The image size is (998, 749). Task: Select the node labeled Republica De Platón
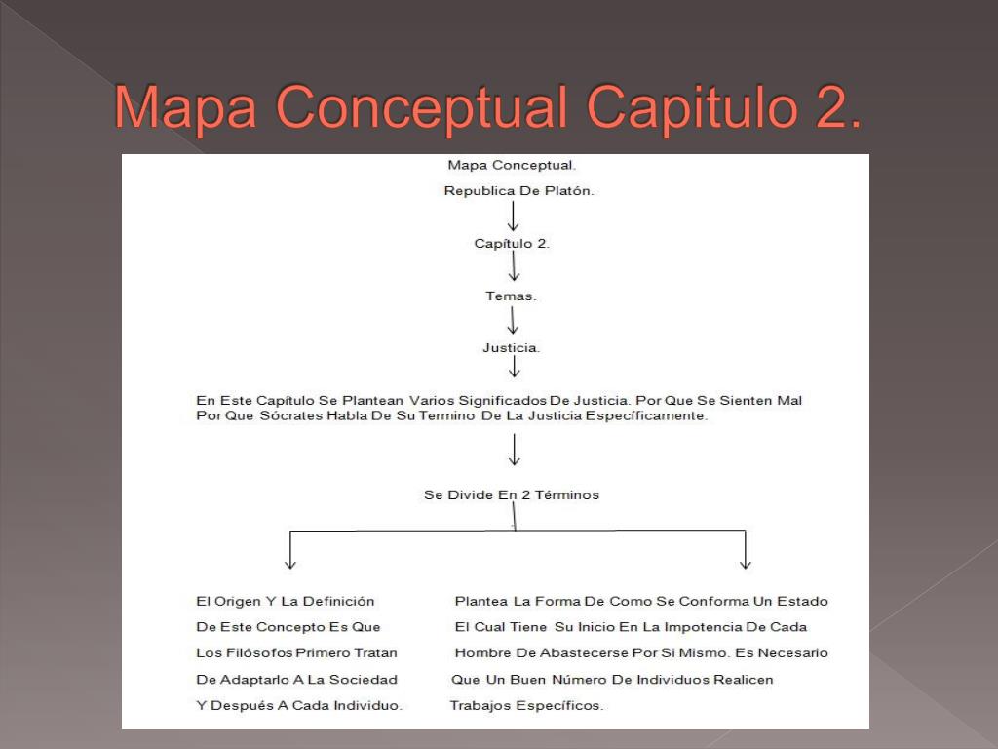coord(518,191)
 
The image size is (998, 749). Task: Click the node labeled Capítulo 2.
coord(512,244)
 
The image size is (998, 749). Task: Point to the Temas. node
coord(511,296)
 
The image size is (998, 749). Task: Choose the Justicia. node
coord(512,347)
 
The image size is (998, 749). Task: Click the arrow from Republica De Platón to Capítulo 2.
coord(514,217)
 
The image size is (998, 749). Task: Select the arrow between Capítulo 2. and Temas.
coord(514,268)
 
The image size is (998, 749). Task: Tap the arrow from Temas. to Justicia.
coord(514,320)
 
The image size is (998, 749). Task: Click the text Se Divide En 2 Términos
coord(512,494)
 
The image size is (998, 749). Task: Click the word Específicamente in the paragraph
coord(653,416)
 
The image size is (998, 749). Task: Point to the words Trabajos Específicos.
coord(526,705)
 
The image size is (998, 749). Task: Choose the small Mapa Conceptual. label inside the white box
coord(512,166)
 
